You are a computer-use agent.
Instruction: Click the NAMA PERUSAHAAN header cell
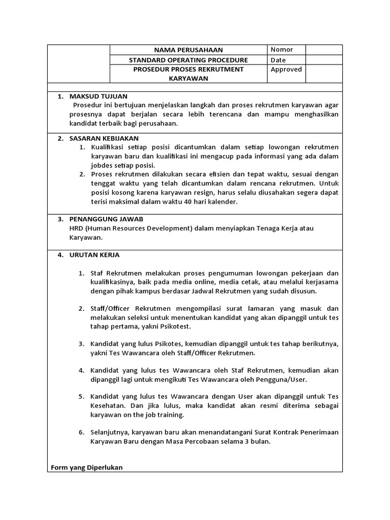coord(188,50)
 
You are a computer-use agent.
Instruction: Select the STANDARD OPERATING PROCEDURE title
coord(188,60)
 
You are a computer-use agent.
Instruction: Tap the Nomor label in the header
coord(281,49)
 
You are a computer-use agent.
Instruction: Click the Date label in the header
coord(278,60)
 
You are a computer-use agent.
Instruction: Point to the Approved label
coord(286,70)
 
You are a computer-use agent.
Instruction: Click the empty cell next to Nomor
coord(323,49)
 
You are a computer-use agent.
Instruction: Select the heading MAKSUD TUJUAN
coord(99,96)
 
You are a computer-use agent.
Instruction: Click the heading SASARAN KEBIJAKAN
coord(104,138)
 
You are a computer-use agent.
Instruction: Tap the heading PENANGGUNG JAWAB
coord(106,219)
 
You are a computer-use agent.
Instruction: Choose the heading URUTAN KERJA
coord(94,254)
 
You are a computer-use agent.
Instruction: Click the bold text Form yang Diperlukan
coord(87,467)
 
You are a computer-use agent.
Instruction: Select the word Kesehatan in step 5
coord(108,406)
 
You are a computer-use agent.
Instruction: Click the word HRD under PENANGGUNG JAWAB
coord(76,229)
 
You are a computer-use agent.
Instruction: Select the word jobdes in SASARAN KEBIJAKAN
coord(102,166)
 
